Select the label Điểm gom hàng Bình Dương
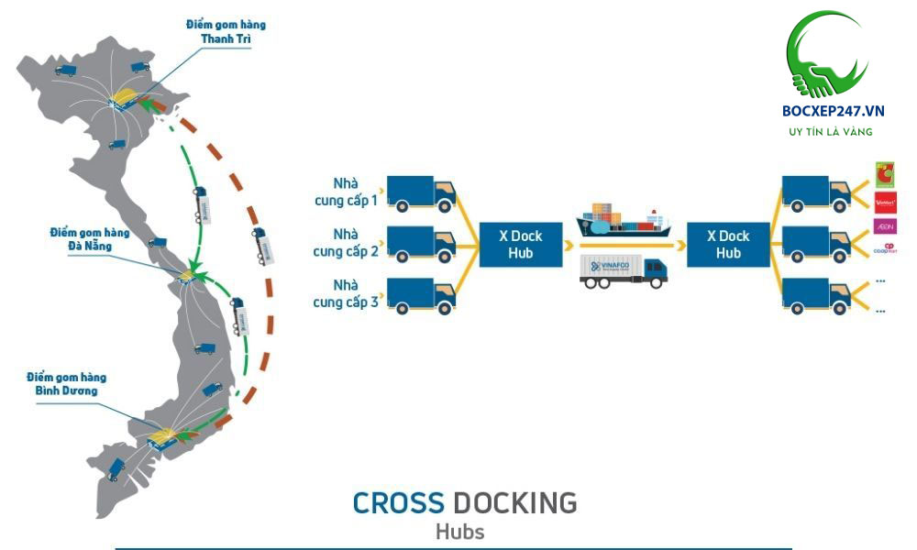pos(66,384)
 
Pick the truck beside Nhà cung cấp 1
pos(421,192)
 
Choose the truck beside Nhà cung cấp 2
pos(421,243)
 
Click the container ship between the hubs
pos(623,221)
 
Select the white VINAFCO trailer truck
pos(624,272)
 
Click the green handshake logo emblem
pos(828,55)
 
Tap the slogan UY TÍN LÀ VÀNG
pos(831,133)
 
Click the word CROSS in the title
pos(398,502)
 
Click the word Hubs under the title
pos(459,531)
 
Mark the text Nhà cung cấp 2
pos(345,244)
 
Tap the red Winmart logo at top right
pos(886,201)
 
